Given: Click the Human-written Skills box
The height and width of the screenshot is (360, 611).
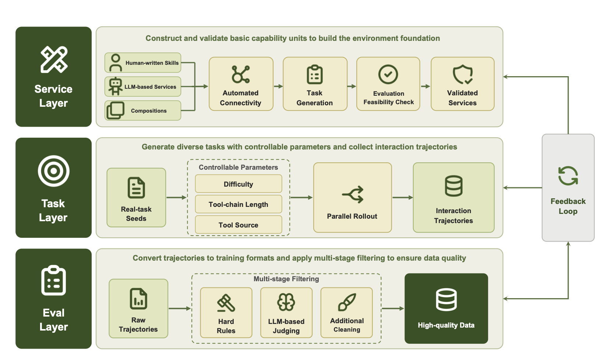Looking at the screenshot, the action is click(143, 63).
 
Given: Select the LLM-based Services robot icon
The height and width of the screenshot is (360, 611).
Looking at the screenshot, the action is click(115, 86).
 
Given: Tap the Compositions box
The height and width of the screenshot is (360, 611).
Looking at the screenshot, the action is click(143, 110).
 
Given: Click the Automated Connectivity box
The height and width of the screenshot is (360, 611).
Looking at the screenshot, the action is click(241, 84).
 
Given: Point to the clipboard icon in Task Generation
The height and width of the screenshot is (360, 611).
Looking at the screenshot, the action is click(315, 74).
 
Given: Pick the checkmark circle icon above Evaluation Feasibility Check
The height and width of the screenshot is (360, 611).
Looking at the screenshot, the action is click(388, 74).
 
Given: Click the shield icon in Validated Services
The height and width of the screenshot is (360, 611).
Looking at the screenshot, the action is click(463, 74).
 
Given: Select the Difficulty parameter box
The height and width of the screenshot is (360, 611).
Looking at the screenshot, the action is click(239, 184).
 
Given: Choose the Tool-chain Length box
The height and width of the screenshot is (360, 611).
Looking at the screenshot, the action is click(239, 204).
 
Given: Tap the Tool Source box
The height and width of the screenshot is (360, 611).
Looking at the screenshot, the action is click(239, 225).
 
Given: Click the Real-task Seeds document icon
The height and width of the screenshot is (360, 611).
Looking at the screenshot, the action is click(136, 188).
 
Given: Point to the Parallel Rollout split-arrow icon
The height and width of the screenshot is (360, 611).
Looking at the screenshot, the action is click(353, 194).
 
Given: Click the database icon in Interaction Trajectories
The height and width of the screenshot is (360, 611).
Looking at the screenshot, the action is click(453, 186).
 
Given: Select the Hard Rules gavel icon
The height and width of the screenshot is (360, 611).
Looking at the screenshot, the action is click(226, 303).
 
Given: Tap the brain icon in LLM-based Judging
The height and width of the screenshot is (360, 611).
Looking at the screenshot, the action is click(286, 302).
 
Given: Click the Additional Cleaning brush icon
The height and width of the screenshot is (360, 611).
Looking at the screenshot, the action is click(347, 302).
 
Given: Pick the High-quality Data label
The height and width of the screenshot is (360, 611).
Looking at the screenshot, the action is click(446, 325).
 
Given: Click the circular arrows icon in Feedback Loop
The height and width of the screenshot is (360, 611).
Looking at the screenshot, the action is click(568, 176).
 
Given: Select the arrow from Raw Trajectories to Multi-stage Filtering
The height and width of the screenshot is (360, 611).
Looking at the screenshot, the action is click(180, 308).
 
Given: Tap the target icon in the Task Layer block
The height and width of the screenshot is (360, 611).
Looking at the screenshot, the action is click(54, 171).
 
